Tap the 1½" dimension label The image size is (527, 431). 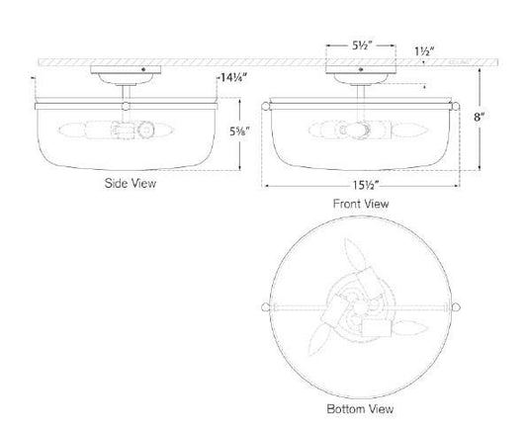[x=424, y=51]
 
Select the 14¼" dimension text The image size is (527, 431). [x=232, y=78]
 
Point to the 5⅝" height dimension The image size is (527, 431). [x=239, y=131]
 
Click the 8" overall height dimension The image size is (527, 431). [x=480, y=117]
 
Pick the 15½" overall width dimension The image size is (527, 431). [x=366, y=185]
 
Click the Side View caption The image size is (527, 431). [x=131, y=184]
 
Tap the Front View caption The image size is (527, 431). [x=361, y=204]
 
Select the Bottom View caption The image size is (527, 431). [x=360, y=409]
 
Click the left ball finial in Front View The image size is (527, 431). [x=266, y=107]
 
